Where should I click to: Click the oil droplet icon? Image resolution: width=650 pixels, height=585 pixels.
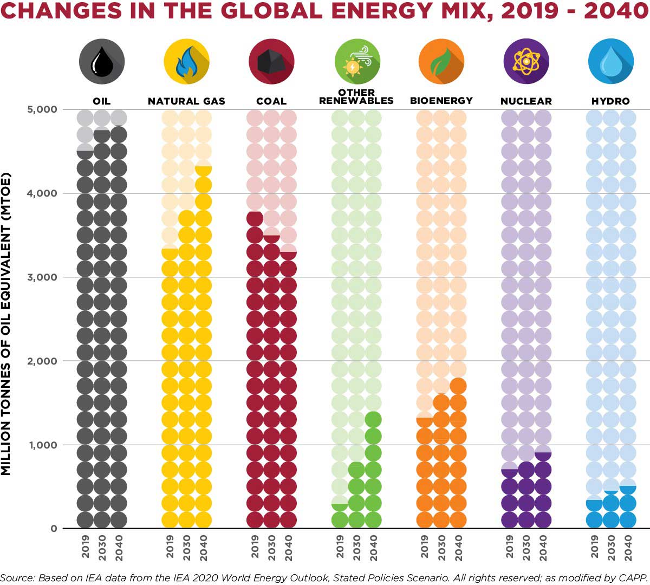coord(102,62)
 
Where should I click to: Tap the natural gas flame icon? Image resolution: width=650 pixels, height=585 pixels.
coord(186,62)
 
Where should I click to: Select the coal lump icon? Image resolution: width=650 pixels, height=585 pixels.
coord(271,62)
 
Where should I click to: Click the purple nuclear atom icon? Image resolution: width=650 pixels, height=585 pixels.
coord(526,62)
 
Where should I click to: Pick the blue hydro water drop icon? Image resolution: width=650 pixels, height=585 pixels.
coord(611,62)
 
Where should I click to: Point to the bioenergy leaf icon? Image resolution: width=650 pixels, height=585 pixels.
coord(441,62)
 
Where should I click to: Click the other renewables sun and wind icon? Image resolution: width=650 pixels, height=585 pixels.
coord(357,62)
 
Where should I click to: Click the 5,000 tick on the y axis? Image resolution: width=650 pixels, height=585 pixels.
coord(42,109)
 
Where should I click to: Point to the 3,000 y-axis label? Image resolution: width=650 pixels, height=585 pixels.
coord(42,277)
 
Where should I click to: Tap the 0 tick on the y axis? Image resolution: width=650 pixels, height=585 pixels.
coord(54,529)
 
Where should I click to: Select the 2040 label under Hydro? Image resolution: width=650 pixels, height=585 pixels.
coord(628,548)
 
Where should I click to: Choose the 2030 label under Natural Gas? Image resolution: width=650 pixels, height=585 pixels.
coord(187,548)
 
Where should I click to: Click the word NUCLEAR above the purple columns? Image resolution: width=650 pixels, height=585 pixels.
coord(526,101)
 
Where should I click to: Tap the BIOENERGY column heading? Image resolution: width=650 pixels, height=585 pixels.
coord(441,101)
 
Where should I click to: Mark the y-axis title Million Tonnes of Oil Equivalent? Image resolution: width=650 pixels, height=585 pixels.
coord(6,325)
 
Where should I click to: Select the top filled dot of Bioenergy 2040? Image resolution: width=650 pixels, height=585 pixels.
coord(458,386)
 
